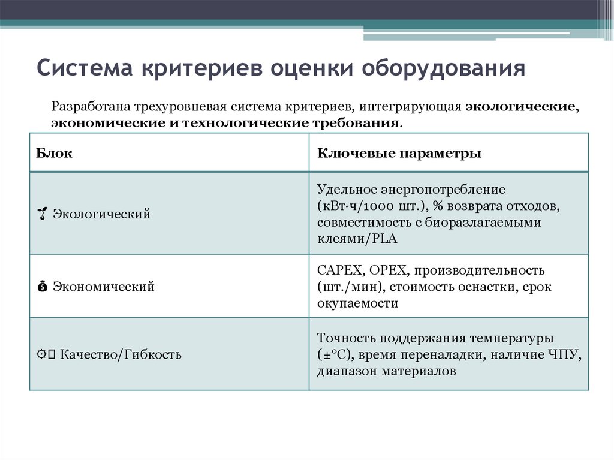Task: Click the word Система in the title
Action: [85, 68]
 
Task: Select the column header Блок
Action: [55, 153]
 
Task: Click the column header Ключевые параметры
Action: [399, 153]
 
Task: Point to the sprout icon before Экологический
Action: [42, 214]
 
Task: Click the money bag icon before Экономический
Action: [41, 287]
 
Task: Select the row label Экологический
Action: [101, 214]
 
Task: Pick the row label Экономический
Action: [104, 287]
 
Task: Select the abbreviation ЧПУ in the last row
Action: [562, 354]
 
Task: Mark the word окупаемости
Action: [357, 303]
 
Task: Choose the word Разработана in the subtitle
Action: [87, 107]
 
